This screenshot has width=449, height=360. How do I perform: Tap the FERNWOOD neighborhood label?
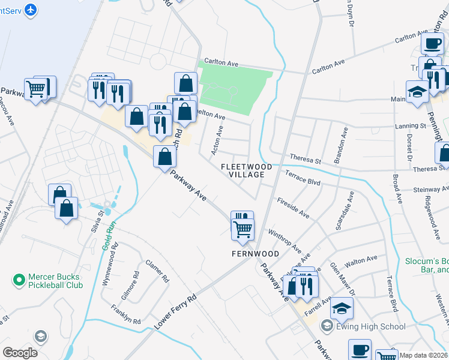[x=256, y=254]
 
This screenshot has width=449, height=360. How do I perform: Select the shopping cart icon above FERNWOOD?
[x=243, y=228]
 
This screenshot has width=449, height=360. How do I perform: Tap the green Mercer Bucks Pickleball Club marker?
[x=19, y=280]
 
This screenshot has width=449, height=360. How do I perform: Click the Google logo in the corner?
[x=20, y=353]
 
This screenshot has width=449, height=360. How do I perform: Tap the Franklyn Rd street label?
[x=125, y=314]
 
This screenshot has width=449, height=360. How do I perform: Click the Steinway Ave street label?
[x=430, y=190]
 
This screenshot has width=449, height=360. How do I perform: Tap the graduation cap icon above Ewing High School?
[x=342, y=308]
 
